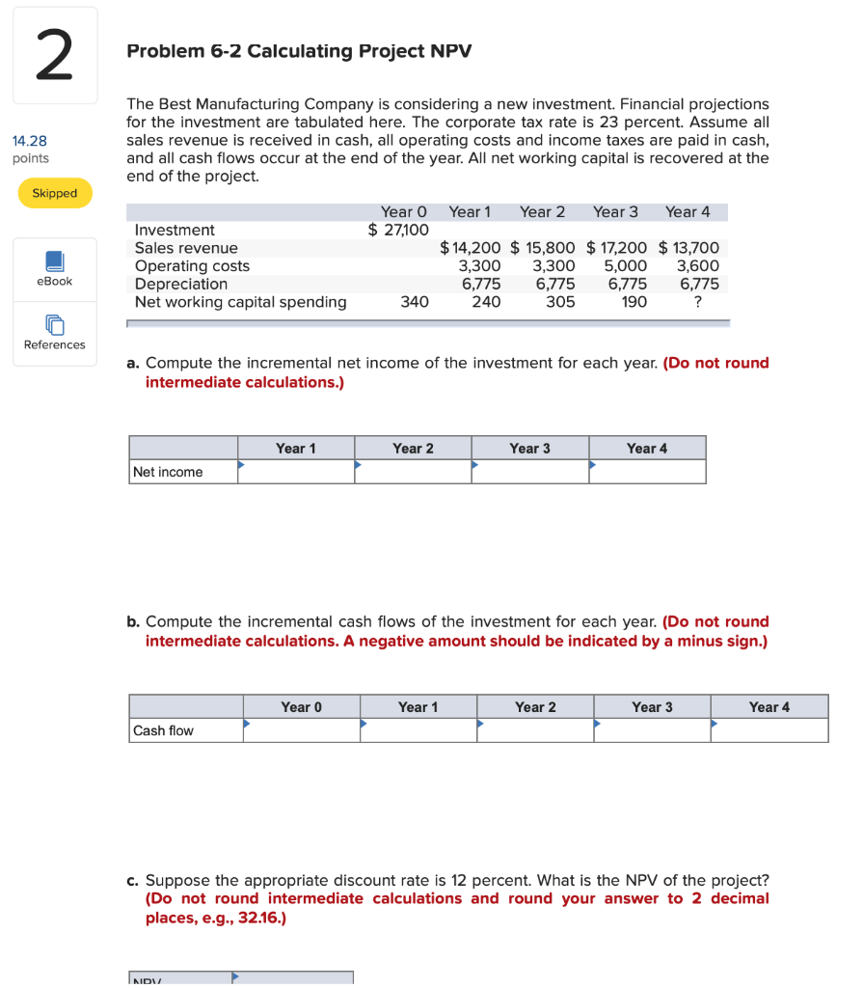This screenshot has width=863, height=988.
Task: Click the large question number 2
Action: pyautogui.click(x=55, y=56)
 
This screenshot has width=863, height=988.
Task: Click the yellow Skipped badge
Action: pyautogui.click(x=55, y=193)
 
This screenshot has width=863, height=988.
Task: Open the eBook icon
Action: pyautogui.click(x=54, y=262)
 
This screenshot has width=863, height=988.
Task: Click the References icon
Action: pyautogui.click(x=54, y=326)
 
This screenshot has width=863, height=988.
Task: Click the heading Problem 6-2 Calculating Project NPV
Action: pyautogui.click(x=299, y=50)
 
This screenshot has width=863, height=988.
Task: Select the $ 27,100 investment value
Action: pyautogui.click(x=397, y=230)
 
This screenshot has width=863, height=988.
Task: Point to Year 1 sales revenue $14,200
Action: pyautogui.click(x=470, y=248)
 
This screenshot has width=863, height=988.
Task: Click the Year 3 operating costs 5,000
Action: pyautogui.click(x=626, y=265)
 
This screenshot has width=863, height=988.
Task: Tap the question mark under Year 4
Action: pyautogui.click(x=698, y=302)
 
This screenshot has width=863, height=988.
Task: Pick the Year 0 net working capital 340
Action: pyautogui.click(x=415, y=302)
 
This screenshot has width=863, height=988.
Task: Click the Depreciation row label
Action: pyautogui.click(x=181, y=284)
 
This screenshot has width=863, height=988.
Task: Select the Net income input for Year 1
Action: pyautogui.click(x=296, y=472)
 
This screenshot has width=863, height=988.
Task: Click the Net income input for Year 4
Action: pyautogui.click(x=647, y=472)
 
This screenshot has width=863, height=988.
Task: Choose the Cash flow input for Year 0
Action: pyautogui.click(x=301, y=730)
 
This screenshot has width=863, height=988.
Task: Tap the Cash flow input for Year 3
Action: pyautogui.click(x=652, y=730)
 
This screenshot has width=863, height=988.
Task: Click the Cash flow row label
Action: pyautogui.click(x=163, y=730)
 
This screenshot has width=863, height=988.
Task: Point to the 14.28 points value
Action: pyautogui.click(x=30, y=141)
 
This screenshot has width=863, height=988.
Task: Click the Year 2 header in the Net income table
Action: pyautogui.click(x=413, y=448)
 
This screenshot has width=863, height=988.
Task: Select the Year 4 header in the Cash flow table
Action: pyautogui.click(x=769, y=706)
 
